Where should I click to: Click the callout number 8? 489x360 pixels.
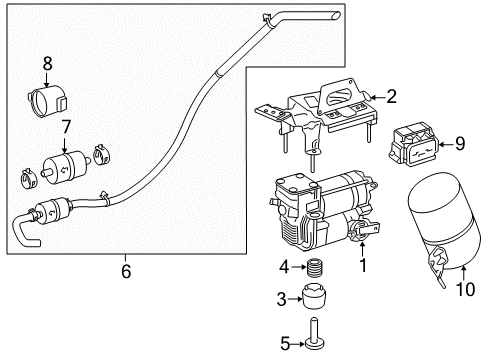[x=48, y=63]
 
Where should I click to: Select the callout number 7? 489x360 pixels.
[x=66, y=127]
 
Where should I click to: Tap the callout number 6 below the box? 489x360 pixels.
[x=126, y=271]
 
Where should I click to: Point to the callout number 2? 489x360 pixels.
[x=391, y=96]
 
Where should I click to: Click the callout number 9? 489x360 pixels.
[x=460, y=144]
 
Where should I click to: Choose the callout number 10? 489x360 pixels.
[x=465, y=289]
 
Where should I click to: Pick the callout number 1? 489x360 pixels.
[x=363, y=265]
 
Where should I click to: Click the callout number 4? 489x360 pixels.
[x=284, y=267]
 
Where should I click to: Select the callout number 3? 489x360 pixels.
[x=282, y=299]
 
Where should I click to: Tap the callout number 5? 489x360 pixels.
[x=285, y=344]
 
